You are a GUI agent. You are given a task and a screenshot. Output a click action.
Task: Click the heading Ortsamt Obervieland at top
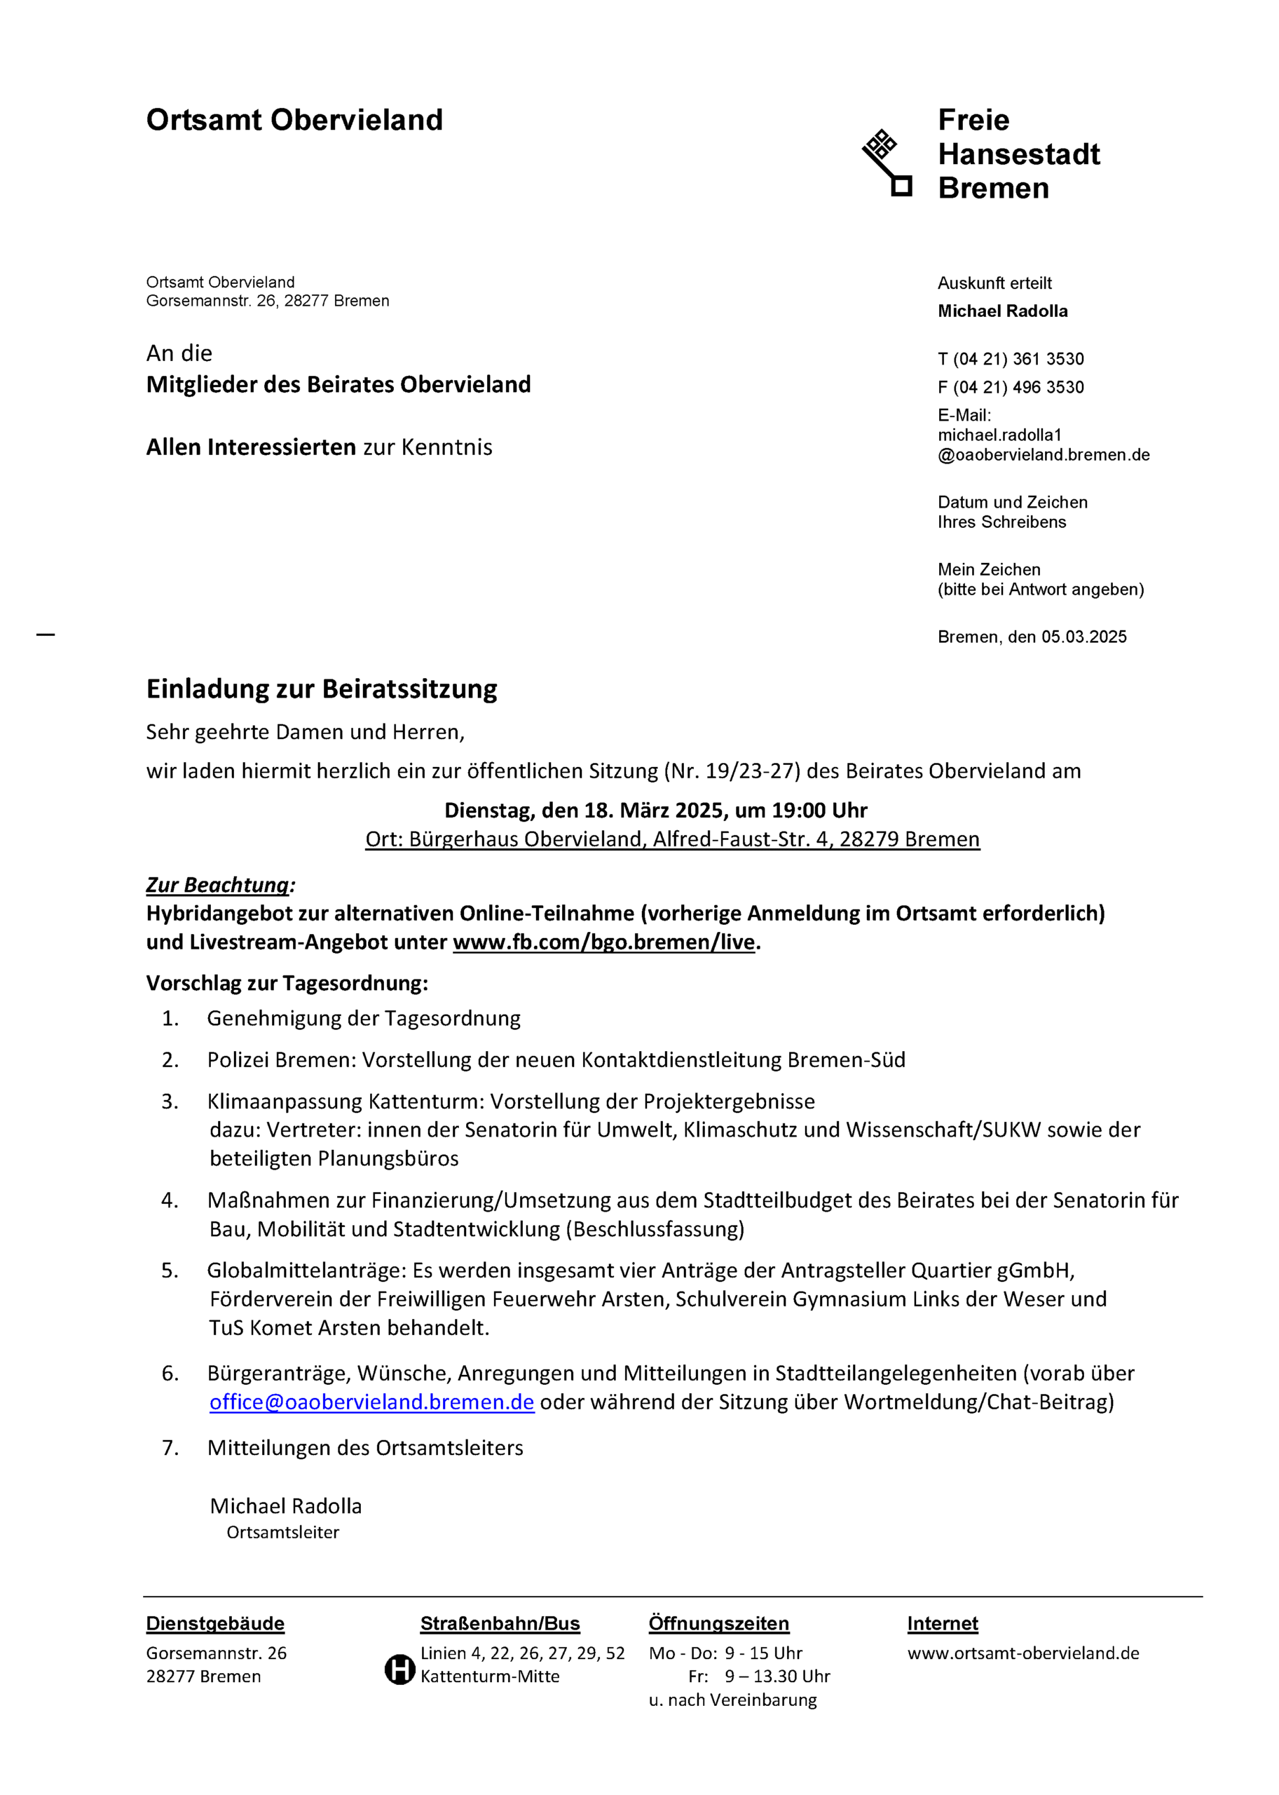[294, 121]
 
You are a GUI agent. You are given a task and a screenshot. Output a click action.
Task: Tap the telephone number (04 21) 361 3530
[1018, 359]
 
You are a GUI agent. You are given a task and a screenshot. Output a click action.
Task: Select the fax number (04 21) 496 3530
[1018, 388]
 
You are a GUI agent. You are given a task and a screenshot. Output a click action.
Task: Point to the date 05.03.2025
[1083, 637]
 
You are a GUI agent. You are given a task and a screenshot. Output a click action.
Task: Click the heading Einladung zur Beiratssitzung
[321, 689]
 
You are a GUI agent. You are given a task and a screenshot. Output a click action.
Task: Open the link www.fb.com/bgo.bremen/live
[603, 942]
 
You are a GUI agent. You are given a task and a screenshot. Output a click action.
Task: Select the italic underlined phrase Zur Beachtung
[218, 886]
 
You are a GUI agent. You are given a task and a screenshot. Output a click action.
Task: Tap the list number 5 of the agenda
[170, 1271]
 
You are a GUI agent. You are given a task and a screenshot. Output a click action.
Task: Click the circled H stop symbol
[399, 1669]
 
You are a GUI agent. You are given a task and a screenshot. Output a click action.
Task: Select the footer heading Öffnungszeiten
[718, 1624]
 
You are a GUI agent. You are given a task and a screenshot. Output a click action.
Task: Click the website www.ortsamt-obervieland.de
[1023, 1653]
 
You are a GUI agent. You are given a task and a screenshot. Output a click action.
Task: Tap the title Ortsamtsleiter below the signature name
[282, 1533]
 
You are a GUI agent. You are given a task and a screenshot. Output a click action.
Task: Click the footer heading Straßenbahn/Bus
[500, 1624]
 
